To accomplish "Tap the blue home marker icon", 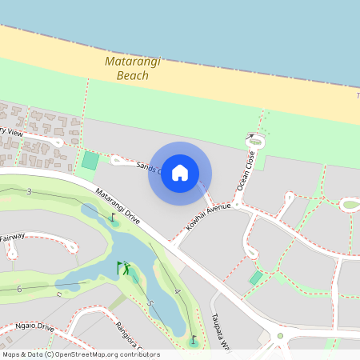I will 180,173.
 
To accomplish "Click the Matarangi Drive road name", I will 118,206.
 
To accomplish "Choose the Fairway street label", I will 13,237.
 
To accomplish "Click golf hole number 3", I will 29,192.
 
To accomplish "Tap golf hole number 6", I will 18,288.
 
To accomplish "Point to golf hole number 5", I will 150,304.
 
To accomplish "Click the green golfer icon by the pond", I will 124,268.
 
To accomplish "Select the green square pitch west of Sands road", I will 90,161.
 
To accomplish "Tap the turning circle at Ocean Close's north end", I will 251,139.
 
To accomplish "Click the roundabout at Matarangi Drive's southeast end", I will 280,336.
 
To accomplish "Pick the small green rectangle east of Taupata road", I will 256,278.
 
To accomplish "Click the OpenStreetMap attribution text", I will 81,354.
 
